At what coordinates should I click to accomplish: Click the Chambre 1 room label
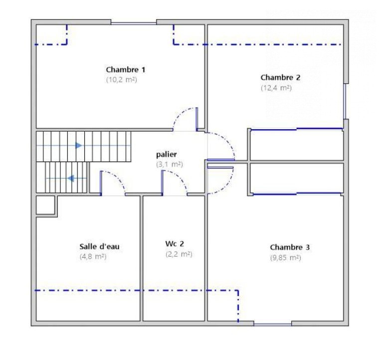(126, 70)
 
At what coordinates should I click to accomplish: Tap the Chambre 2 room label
(280, 77)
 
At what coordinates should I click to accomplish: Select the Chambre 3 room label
(290, 247)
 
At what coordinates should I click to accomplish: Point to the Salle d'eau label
(99, 246)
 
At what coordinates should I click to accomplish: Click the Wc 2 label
(175, 244)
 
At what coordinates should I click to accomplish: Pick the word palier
(167, 155)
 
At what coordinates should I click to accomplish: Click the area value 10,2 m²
(122, 80)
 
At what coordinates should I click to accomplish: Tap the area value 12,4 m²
(276, 88)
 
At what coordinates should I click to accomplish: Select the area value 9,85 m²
(286, 258)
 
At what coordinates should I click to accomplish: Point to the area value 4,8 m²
(93, 257)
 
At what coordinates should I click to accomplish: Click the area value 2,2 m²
(179, 254)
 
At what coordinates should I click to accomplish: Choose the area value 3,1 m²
(170, 164)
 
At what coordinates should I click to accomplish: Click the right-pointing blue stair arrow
(78, 146)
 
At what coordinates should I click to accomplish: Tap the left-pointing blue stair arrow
(71, 178)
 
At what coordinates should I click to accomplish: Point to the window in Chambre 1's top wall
(134, 23)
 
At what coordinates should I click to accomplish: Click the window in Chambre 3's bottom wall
(272, 325)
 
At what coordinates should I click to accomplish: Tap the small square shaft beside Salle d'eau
(45, 205)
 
